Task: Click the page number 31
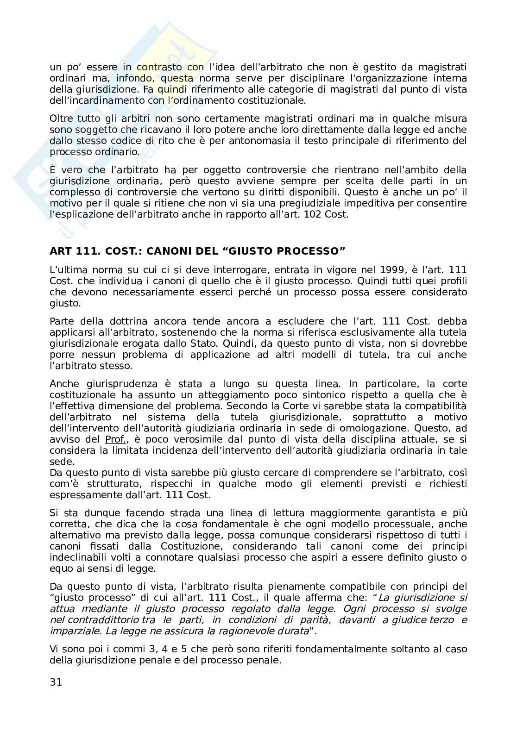pyautogui.click(x=56, y=682)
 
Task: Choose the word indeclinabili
pyautogui.click(x=79, y=557)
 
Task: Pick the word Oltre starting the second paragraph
pyautogui.click(x=62, y=119)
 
